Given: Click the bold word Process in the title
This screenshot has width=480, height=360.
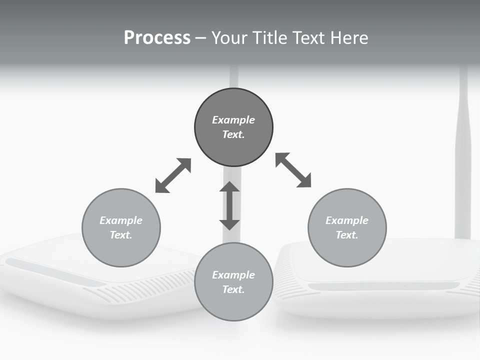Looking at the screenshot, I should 157,38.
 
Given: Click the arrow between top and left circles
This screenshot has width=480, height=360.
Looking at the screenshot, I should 173,175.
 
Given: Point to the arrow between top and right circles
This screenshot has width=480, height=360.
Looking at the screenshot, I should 293,170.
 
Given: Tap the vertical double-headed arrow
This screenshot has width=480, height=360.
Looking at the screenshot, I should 229,205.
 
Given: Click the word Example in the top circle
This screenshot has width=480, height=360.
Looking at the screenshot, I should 233,120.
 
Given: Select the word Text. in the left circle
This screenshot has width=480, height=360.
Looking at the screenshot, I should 121,235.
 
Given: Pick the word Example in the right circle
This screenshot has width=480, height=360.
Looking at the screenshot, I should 347,220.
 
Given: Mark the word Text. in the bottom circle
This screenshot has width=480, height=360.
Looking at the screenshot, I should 233,289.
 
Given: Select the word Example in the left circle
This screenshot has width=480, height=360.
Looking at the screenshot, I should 121,220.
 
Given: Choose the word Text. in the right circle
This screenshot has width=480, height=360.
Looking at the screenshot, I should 347,235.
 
